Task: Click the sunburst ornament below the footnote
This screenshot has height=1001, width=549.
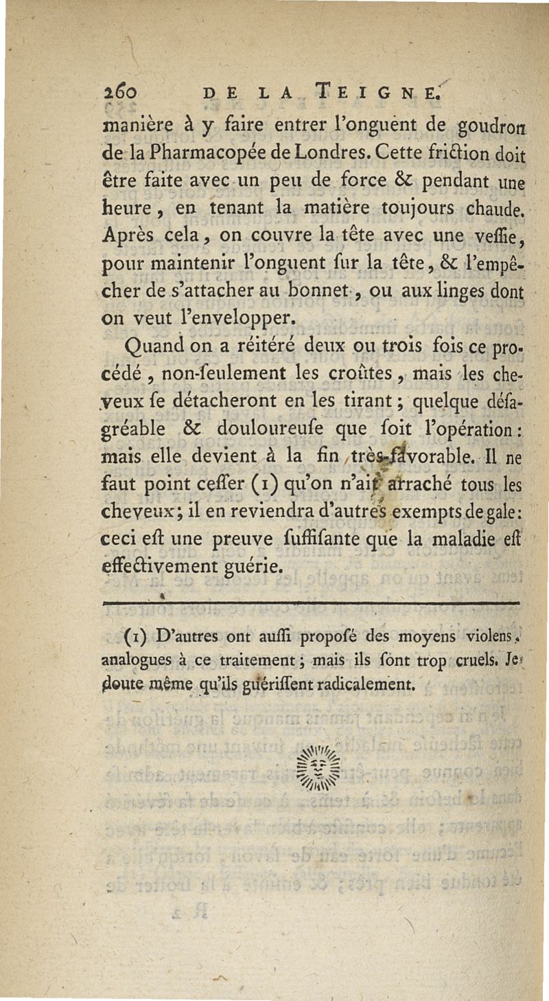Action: (318, 767)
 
